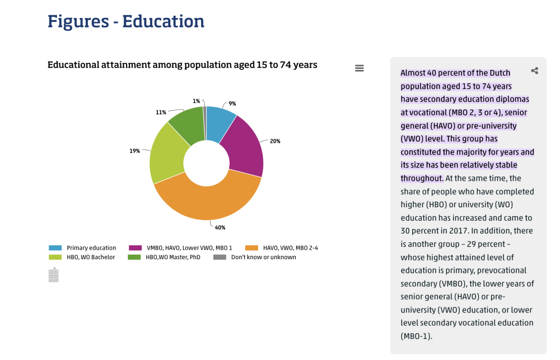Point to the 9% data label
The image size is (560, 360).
click(x=232, y=104)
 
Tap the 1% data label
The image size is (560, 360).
click(x=196, y=101)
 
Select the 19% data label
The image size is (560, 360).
click(x=135, y=151)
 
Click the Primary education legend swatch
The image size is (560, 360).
click(x=55, y=248)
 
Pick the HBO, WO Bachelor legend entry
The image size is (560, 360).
click(x=90, y=257)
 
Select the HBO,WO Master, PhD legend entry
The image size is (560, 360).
click(x=172, y=257)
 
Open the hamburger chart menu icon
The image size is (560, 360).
click(x=360, y=68)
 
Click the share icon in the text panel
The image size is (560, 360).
click(x=535, y=71)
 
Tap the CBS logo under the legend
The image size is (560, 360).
click(x=53, y=275)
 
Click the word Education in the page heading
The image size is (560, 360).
click(x=164, y=21)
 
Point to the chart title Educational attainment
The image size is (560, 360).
click(x=182, y=65)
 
